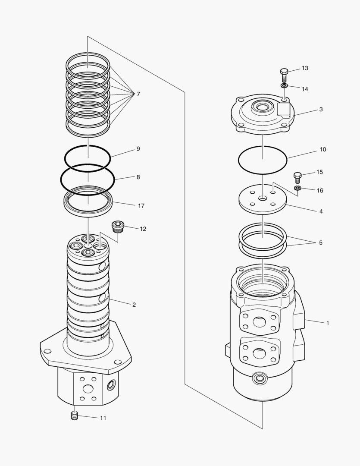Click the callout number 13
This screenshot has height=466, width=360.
click(x=305, y=68)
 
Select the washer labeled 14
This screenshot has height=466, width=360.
click(x=284, y=86)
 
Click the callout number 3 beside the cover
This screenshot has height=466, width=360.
click(x=321, y=110)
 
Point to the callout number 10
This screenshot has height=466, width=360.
click(x=322, y=150)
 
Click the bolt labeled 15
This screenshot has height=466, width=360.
click(x=297, y=176)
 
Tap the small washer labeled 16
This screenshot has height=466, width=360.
click(x=297, y=189)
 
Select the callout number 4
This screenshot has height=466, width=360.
click(x=321, y=211)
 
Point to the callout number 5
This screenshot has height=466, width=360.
click(x=320, y=243)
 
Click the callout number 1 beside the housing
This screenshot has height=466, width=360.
click(x=328, y=323)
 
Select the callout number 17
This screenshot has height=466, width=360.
click(x=141, y=206)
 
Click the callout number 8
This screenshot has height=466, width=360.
click(x=138, y=177)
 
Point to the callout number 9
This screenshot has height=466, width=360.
click(x=138, y=149)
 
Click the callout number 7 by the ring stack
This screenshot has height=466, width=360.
click(x=138, y=94)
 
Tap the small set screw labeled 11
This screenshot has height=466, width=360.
click(x=74, y=416)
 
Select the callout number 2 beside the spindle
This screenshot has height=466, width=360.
click(x=134, y=305)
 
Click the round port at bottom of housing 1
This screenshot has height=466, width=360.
click(x=260, y=378)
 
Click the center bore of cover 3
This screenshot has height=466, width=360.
click(x=262, y=105)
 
